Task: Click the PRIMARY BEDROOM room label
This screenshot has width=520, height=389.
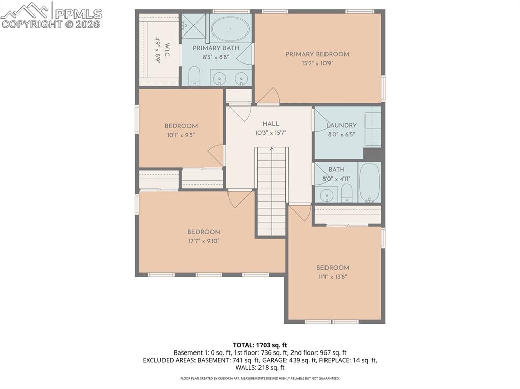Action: click(x=317, y=54)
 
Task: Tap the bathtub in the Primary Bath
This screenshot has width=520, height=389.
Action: click(x=231, y=30)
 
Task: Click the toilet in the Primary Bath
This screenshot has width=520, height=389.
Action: click(x=194, y=78)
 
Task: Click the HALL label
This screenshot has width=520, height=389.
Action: click(x=271, y=124)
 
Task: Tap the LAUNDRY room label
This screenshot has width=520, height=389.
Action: click(x=341, y=125)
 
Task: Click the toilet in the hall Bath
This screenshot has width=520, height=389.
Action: click(x=346, y=193)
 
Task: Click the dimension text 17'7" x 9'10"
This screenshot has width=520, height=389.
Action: click(x=204, y=241)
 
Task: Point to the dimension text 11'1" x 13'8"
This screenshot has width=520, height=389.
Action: click(x=333, y=277)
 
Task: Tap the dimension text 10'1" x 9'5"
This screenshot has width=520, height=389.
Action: click(x=181, y=135)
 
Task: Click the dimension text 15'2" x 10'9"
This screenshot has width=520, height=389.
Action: click(x=317, y=63)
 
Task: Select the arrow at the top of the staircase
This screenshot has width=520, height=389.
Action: click(x=272, y=149)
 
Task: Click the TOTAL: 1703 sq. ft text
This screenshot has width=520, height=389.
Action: click(x=259, y=345)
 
